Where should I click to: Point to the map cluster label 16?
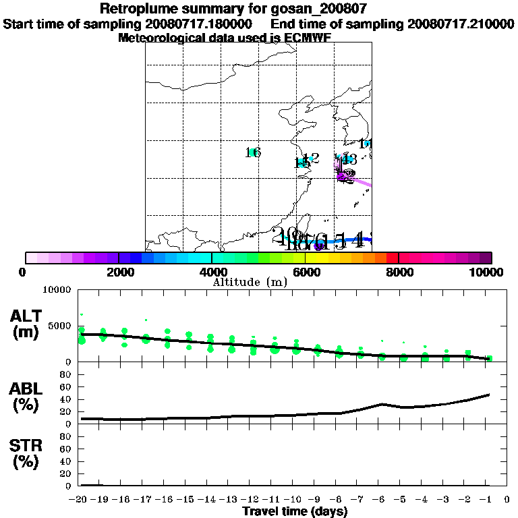(253, 152)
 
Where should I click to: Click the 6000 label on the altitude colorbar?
(306, 272)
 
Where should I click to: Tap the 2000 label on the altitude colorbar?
(119, 272)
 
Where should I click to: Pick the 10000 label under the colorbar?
(487, 272)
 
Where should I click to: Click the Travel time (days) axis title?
(295, 511)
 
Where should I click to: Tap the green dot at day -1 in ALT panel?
(490, 358)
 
